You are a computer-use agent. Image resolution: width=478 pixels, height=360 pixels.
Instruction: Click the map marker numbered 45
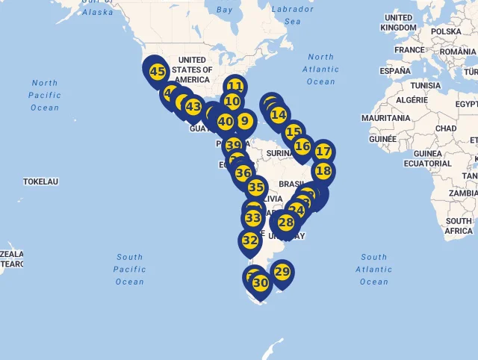(x=157, y=72)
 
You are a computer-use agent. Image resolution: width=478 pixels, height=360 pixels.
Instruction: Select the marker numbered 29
(x=282, y=272)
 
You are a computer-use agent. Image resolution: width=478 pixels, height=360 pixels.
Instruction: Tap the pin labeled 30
(x=260, y=284)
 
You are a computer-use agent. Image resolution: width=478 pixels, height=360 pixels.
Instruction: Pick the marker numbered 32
(x=249, y=240)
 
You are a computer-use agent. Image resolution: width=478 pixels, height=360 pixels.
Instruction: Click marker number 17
(x=323, y=152)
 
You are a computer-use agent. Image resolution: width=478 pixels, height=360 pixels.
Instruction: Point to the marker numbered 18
(x=323, y=171)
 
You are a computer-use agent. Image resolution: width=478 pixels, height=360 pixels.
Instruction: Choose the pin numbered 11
(x=235, y=86)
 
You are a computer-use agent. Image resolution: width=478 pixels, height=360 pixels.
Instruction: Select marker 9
(x=244, y=120)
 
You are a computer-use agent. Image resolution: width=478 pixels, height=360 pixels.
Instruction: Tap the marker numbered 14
(x=279, y=115)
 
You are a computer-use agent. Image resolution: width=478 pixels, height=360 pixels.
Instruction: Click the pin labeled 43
(x=193, y=107)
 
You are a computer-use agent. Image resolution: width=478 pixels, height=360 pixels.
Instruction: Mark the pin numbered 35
(x=256, y=187)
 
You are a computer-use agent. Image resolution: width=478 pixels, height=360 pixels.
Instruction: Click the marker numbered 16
(x=302, y=146)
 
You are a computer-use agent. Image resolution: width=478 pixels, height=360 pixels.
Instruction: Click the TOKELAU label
(x=40, y=181)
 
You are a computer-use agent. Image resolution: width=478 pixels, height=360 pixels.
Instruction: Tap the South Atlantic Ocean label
(x=373, y=269)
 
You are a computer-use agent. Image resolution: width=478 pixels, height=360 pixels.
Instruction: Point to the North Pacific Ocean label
(x=45, y=96)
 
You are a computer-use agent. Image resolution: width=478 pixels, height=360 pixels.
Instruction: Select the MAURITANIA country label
(x=385, y=118)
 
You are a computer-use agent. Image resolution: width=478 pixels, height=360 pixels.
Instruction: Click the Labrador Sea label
(x=292, y=16)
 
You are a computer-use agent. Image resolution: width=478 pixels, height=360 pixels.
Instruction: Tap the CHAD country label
(x=446, y=128)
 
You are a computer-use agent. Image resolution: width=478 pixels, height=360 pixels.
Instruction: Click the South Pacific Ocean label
(x=129, y=269)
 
